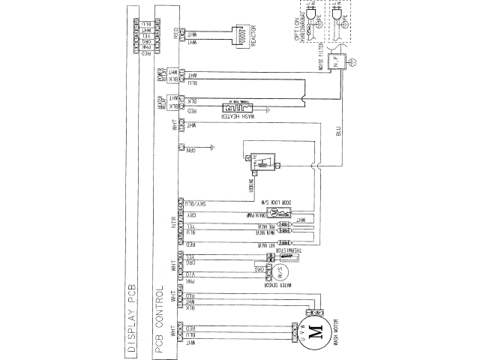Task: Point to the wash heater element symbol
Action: [x=241, y=106]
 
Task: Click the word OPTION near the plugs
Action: [x=288, y=31]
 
